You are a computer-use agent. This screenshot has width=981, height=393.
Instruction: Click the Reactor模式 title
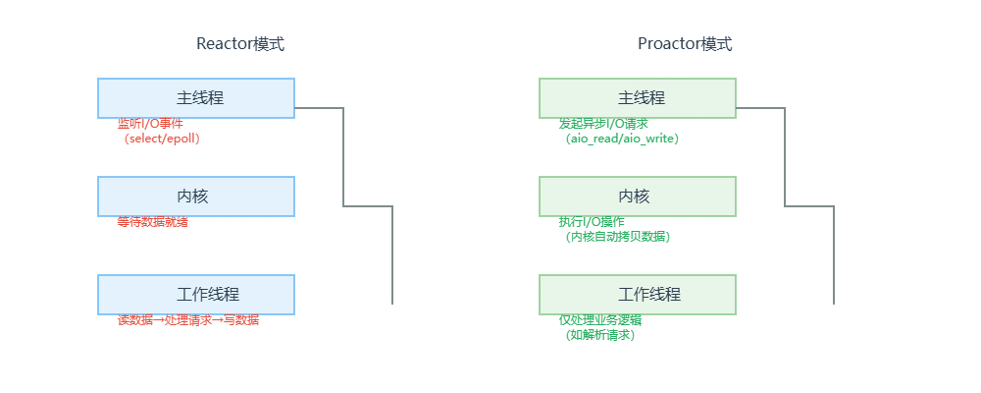[240, 44]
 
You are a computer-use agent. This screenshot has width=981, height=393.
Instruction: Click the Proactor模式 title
[685, 44]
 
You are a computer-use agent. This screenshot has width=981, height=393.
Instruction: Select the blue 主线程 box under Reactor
[196, 98]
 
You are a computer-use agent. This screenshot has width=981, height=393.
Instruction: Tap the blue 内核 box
[196, 196]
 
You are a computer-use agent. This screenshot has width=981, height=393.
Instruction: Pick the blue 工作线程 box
[196, 295]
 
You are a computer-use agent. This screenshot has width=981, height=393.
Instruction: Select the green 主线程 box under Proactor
[638, 98]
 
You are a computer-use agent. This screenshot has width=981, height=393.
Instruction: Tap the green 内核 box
[638, 196]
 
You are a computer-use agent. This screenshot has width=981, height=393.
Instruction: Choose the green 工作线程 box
[638, 295]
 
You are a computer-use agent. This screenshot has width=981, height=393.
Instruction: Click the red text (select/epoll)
[162, 140]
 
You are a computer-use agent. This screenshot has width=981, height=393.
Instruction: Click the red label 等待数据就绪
[152, 222]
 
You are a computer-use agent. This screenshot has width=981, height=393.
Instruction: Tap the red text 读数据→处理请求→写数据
[188, 320]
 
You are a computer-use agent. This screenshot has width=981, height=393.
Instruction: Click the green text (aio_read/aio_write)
[622, 140]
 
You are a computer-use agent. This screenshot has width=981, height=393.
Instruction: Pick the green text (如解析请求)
[600, 336]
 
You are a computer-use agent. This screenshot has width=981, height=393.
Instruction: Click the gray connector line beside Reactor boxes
[343, 157]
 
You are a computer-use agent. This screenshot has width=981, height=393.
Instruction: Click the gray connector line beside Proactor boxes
[785, 157]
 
